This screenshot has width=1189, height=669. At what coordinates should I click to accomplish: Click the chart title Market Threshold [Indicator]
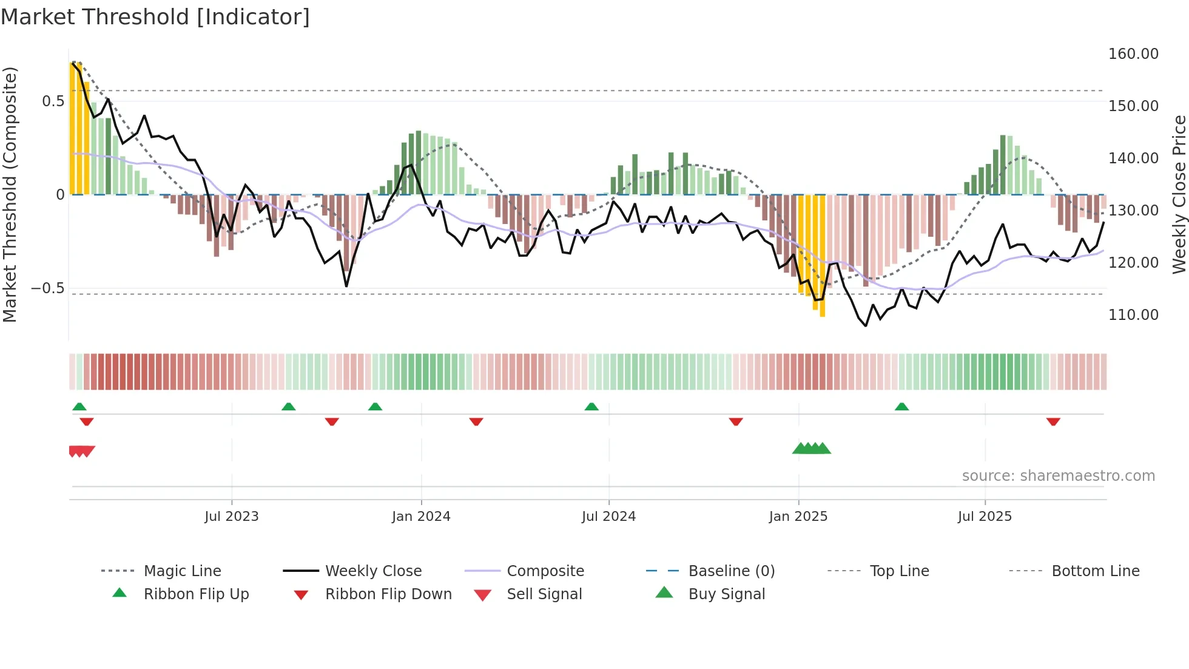pyautogui.click(x=155, y=17)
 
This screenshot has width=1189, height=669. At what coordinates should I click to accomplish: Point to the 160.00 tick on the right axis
pyautogui.click(x=1133, y=54)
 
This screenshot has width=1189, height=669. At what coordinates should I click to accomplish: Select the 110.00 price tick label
pyautogui.click(x=1133, y=315)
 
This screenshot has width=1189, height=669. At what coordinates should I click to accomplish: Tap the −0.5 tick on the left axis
pyautogui.click(x=48, y=288)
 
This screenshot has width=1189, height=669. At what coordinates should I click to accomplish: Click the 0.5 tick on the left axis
pyautogui.click(x=53, y=101)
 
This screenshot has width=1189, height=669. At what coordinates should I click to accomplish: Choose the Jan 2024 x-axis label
pyautogui.click(x=421, y=517)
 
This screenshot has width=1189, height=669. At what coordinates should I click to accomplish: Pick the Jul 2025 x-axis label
pyautogui.click(x=985, y=517)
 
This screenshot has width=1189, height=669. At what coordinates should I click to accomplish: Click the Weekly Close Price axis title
pyautogui.click(x=1179, y=194)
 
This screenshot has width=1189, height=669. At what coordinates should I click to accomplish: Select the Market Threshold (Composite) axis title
pyautogui.click(x=10, y=194)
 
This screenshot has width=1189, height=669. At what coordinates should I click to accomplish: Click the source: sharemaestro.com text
pyautogui.click(x=1058, y=476)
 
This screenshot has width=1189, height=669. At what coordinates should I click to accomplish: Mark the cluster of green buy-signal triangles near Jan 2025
pyautogui.click(x=811, y=449)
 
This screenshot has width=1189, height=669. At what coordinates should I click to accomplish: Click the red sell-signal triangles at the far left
pyautogui.click(x=81, y=451)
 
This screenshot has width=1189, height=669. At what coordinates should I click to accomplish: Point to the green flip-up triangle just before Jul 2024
pyautogui.click(x=591, y=407)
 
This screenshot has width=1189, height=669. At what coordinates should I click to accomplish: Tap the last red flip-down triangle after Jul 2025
pyautogui.click(x=1053, y=422)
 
